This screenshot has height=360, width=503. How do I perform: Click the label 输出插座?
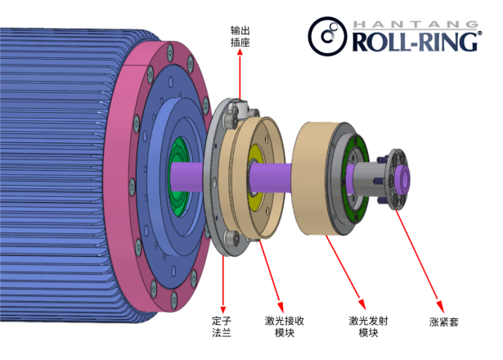pos(240,37)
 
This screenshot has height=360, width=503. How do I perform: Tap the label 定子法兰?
pos(222,326)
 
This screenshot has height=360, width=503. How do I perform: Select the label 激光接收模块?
pos(285,326)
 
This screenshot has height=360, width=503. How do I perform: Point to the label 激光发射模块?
pos(368,326)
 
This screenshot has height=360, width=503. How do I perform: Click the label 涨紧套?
pos(444,322)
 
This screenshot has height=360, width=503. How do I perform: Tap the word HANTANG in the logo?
pos(415,24)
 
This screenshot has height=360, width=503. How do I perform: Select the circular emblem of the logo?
pos(327,36)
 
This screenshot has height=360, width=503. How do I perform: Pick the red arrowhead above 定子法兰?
pos(223,309)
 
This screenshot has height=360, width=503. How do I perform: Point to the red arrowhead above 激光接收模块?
pos(281,307)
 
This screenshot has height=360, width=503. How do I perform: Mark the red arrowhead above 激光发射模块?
pos(362,304)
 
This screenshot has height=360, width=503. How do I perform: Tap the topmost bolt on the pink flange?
pos(169,52)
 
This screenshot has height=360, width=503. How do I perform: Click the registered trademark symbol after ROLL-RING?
pos(480,33)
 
